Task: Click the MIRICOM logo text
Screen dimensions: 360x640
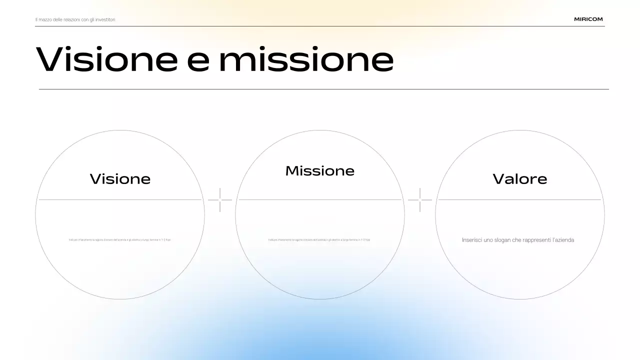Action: (x=588, y=19)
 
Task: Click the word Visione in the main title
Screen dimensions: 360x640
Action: (x=106, y=59)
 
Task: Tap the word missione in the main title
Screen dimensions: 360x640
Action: (x=306, y=59)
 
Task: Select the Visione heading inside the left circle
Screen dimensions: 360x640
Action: (x=120, y=179)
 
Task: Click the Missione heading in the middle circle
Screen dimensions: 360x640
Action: (x=320, y=171)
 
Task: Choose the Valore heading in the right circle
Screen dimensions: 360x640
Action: (x=520, y=179)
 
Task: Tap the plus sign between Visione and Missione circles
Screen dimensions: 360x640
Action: (x=220, y=200)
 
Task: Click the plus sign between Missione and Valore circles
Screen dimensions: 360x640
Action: (x=420, y=200)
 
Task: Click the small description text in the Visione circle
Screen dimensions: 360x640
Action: (x=120, y=240)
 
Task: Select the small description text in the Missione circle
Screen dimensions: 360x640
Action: (x=319, y=240)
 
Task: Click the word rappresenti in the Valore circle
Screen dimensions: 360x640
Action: (x=535, y=240)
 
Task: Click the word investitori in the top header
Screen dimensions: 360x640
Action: (x=106, y=19)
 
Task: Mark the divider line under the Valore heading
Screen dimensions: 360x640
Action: (x=520, y=200)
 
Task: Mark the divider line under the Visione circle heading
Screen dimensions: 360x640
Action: (x=120, y=200)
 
